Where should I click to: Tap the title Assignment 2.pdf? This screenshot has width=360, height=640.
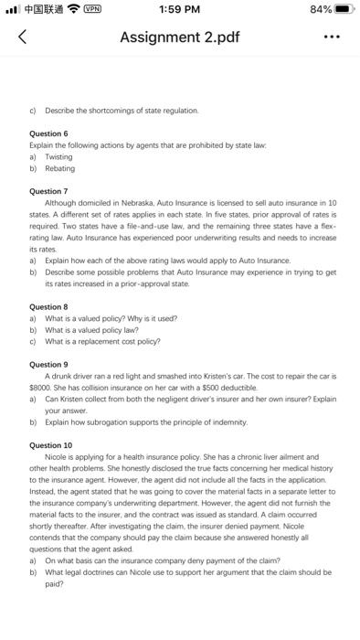[x=179, y=38]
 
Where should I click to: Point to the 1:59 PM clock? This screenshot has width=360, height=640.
[x=179, y=10]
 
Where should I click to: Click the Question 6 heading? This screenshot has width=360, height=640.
[x=49, y=133]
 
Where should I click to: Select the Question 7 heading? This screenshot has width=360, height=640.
[x=49, y=190]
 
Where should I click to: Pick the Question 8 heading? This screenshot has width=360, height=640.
[x=49, y=306]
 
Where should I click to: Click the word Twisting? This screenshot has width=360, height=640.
[x=60, y=156]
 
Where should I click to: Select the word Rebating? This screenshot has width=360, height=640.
[x=60, y=168]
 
